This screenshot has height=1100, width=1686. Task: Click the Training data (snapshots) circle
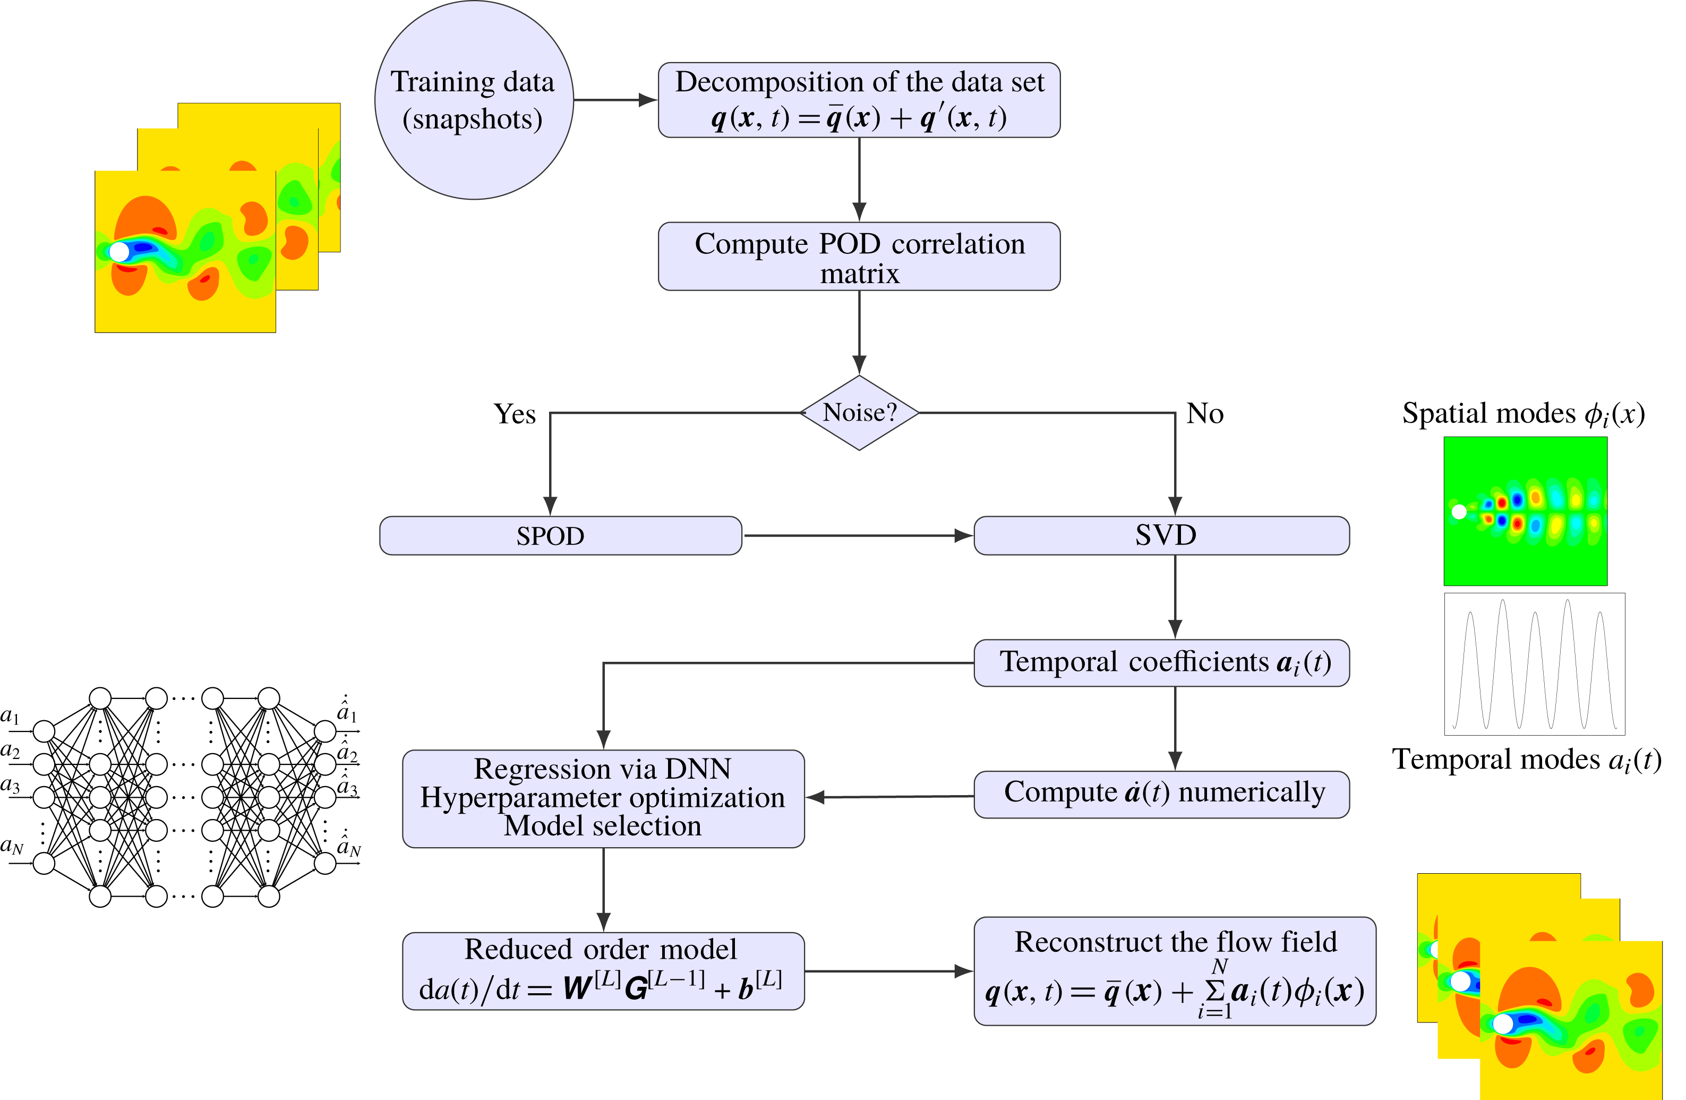(x=473, y=100)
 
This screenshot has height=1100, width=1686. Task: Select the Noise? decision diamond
(x=859, y=413)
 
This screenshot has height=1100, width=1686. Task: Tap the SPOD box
(x=560, y=535)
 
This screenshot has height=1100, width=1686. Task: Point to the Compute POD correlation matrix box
(x=859, y=257)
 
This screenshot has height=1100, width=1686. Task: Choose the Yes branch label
(x=515, y=414)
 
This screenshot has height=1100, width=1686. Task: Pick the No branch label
(x=1204, y=413)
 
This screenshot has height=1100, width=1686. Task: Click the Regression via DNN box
(x=603, y=798)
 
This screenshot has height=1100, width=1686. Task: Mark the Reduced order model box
(x=603, y=970)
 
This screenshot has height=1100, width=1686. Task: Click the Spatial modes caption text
(x=1523, y=414)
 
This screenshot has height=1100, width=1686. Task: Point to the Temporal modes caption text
(x=1526, y=760)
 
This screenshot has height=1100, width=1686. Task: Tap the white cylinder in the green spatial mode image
(x=1459, y=511)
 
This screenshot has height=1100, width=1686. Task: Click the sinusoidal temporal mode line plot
(x=1535, y=663)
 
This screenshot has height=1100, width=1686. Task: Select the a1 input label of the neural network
(x=11, y=716)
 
